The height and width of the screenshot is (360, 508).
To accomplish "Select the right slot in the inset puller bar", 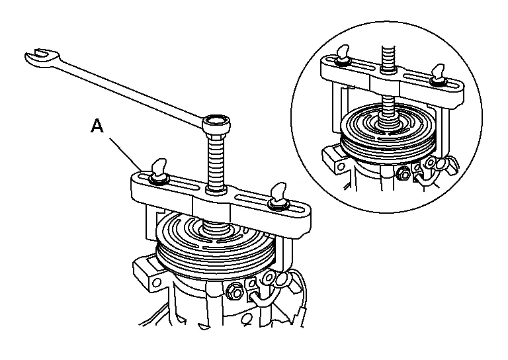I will [423, 81].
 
